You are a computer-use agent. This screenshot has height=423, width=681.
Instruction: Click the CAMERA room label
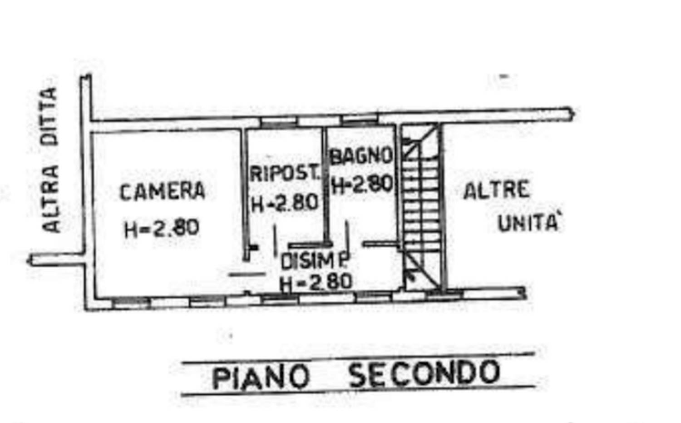[x=163, y=192]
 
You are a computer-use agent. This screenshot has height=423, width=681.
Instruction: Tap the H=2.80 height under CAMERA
[x=162, y=228]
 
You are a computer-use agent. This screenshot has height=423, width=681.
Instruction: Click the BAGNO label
[x=361, y=156]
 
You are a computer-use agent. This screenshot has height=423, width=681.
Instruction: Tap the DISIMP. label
[x=315, y=261]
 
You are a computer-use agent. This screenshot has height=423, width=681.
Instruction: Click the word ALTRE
[x=496, y=190]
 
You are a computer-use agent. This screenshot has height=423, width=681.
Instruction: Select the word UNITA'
[x=528, y=223]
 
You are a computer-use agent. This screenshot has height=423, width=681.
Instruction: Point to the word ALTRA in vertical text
[x=51, y=199]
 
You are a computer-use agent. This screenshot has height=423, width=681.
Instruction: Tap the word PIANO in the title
[x=261, y=378]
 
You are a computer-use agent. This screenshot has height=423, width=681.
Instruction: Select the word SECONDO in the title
[x=424, y=373]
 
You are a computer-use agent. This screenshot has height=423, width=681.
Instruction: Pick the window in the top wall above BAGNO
[x=359, y=119]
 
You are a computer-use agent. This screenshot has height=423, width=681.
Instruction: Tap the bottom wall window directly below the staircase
[x=444, y=294]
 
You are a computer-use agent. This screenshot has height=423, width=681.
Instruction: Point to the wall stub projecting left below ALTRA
[x=56, y=259]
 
